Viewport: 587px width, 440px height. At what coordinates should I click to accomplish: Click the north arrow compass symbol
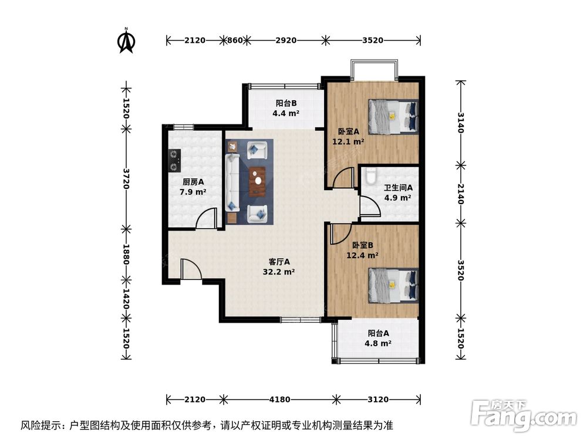tap(126, 40)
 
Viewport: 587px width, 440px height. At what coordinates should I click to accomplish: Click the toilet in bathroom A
tap(369, 175)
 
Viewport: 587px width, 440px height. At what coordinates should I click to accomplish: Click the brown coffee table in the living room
tap(257, 181)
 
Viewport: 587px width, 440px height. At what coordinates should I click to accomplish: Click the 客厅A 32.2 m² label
tap(279, 267)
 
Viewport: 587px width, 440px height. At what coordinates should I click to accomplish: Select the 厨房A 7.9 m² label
tap(193, 187)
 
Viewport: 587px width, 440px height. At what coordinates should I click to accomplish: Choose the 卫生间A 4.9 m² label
tap(398, 192)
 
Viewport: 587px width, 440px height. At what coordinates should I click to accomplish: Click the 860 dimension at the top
tap(234, 40)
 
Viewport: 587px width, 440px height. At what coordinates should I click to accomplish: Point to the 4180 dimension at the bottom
tap(279, 400)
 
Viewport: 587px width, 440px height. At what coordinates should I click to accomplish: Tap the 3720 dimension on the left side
tap(126, 177)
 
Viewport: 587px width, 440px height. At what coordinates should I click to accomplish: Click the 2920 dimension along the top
tap(286, 40)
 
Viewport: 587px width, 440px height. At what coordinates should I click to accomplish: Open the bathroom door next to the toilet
tap(367, 207)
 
